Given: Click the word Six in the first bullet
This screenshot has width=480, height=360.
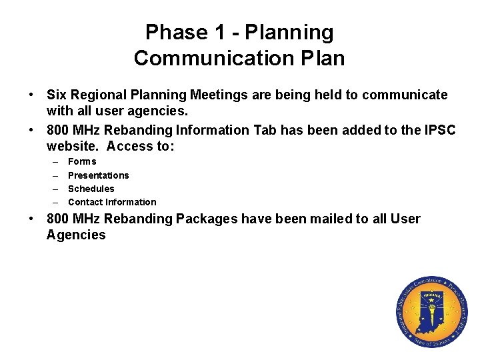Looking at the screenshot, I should [57, 95].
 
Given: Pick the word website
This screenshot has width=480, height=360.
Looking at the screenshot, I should [73, 146].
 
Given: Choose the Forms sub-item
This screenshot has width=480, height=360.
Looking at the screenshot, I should [82, 161].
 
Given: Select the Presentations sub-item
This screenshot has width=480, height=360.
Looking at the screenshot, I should [99, 175].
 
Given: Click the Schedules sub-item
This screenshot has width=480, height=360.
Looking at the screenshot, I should [91, 189].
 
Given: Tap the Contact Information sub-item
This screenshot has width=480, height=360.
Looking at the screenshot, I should [112, 202].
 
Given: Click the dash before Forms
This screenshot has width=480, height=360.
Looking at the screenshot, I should [53, 161].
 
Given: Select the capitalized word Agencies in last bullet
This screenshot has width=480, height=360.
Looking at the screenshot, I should [76, 235].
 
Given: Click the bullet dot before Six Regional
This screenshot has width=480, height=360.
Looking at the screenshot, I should [31, 95].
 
